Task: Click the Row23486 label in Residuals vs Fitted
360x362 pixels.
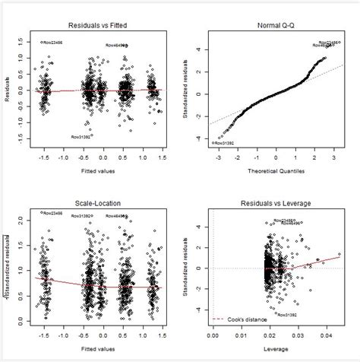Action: tap(52, 43)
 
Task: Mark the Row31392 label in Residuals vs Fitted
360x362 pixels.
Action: tap(82, 137)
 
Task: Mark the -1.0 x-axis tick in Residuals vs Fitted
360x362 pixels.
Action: tap(65, 157)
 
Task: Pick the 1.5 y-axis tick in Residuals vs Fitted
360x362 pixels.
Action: tap(27, 43)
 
